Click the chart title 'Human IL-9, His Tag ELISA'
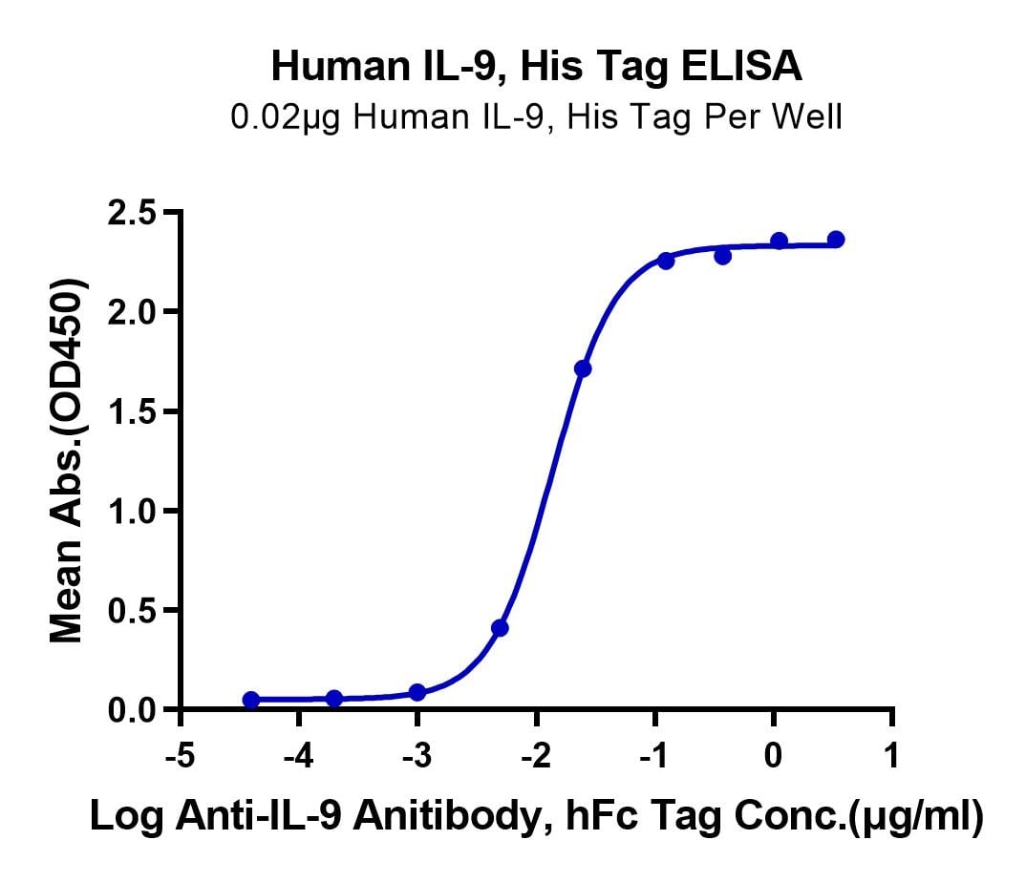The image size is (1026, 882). (537, 67)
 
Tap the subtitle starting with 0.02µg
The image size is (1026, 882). (536, 117)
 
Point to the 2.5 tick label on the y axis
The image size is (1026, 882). (132, 214)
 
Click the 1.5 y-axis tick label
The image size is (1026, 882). (132, 411)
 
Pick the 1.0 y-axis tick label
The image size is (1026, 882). (132, 511)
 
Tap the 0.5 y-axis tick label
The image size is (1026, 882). (132, 611)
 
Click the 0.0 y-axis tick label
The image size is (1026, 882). (132, 710)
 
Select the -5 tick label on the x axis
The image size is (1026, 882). (181, 756)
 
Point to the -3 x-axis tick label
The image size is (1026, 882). (417, 756)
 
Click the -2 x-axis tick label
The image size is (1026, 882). (536, 756)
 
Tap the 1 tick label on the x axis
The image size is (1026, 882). (892, 756)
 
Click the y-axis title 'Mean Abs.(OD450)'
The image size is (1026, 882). (68, 461)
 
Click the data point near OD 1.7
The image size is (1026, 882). (583, 368)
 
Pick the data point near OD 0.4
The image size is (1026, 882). (500, 628)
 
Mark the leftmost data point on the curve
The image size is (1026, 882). (250, 700)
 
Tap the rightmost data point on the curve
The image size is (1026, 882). (836, 240)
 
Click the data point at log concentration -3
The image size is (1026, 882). (417, 692)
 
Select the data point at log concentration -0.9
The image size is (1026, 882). (666, 261)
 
